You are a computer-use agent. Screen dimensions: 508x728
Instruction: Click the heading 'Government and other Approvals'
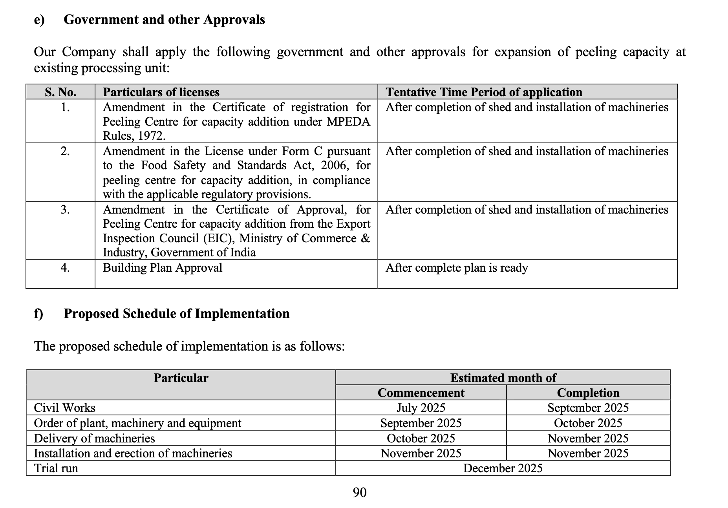click(164, 20)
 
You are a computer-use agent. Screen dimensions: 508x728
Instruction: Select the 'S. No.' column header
click(60, 92)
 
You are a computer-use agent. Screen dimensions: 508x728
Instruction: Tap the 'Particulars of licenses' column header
click(161, 92)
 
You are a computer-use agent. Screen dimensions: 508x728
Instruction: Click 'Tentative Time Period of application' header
click(484, 92)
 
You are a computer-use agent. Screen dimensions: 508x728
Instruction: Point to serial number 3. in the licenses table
click(65, 210)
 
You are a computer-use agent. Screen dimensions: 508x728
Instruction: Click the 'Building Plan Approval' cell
click(163, 268)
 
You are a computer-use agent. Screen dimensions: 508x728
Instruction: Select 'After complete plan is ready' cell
click(457, 268)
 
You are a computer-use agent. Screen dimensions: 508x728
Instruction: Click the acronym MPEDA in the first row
click(348, 122)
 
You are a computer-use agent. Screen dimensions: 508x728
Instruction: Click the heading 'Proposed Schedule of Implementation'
click(177, 314)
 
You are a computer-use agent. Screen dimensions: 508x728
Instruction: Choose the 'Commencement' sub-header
click(421, 393)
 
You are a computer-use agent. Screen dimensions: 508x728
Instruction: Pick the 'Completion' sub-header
click(588, 393)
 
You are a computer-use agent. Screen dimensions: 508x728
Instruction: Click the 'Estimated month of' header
click(503, 378)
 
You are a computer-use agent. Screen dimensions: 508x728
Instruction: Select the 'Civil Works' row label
click(65, 408)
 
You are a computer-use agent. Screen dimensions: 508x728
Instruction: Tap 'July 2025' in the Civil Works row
click(421, 408)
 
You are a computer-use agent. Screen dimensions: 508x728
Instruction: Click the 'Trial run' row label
click(56, 468)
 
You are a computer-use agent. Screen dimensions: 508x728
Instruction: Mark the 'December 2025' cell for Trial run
click(503, 468)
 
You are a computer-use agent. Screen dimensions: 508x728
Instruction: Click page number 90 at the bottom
click(360, 492)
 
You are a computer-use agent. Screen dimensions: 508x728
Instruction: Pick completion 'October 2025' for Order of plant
click(588, 423)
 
